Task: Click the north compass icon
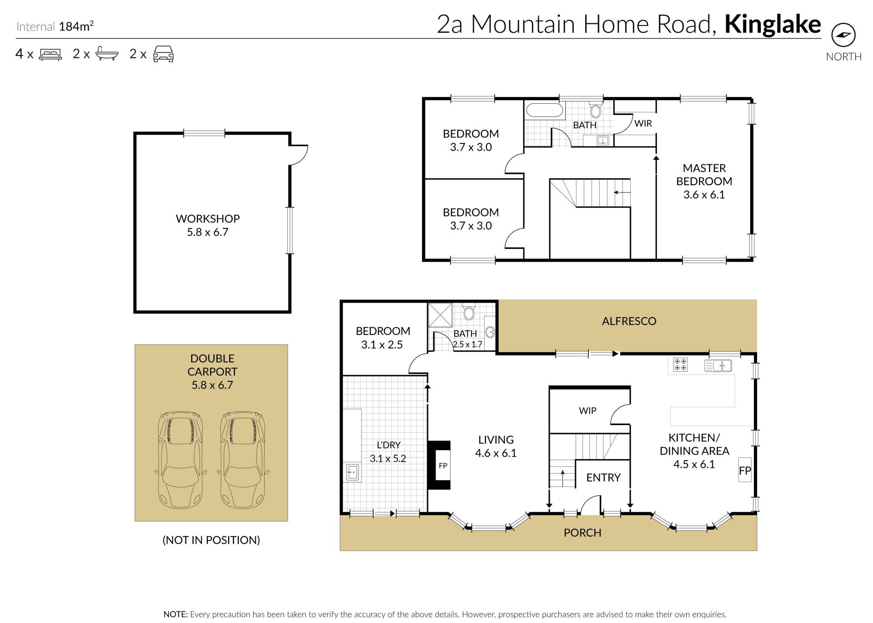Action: pos(843,35)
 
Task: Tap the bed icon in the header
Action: pos(50,55)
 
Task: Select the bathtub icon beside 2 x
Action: pos(107,54)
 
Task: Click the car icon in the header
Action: pos(163,54)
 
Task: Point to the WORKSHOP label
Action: pos(208,219)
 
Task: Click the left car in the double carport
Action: pos(180,460)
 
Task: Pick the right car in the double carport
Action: pos(242,460)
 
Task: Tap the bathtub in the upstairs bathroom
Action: pos(545,110)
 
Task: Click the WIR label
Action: pos(643,123)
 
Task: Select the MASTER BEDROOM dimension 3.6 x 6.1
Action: pos(704,195)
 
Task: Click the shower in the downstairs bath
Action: pos(440,315)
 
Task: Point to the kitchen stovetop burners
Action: pos(681,365)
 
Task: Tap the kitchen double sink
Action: pos(718,365)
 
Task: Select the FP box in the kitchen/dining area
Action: pos(745,470)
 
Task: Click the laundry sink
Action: pos(352,472)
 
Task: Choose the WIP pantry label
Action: pos(587,411)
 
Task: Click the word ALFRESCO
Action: pos(629,321)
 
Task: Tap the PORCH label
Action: pos(582,533)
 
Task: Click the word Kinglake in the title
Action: pos(773,24)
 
